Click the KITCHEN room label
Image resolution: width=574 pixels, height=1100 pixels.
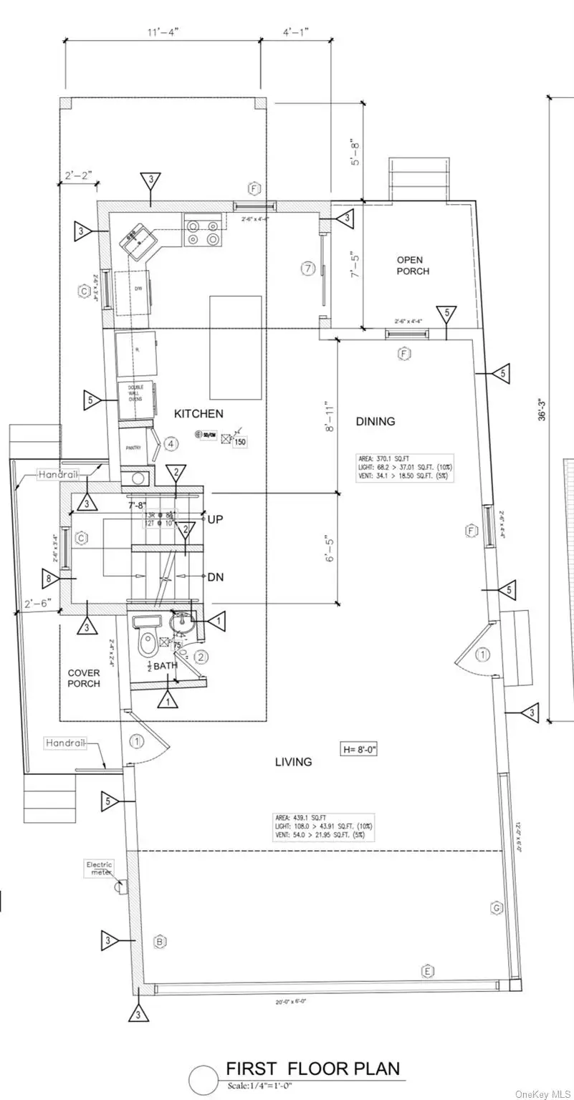point(198,414)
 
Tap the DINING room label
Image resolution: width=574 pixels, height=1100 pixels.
point(376,422)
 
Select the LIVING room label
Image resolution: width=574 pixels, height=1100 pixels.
point(293,762)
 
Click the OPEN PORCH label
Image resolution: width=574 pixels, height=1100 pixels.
point(413,266)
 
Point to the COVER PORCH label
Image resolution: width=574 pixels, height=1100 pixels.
point(84,678)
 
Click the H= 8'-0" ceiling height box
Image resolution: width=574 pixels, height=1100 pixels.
point(359,749)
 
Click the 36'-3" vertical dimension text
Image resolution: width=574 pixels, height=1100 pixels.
point(542,405)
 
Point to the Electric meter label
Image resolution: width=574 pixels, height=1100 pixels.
point(100,868)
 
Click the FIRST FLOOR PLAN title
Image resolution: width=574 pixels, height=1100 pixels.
point(313,1068)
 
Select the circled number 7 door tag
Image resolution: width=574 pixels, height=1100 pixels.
point(308,269)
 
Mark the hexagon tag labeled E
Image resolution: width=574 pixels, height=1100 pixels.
point(428,970)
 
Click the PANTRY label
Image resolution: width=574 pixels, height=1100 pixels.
point(133,448)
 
